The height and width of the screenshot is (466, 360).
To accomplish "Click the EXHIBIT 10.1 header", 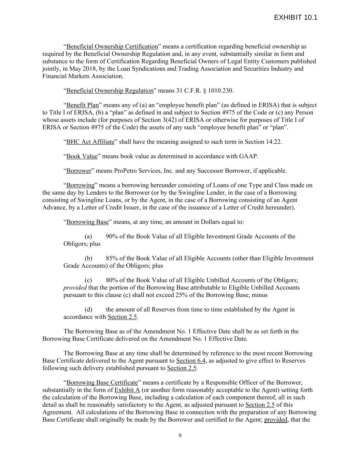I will [296, 18].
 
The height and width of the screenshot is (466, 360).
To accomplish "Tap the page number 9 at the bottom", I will [180, 435].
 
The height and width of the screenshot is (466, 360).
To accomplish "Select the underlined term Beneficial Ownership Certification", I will [112, 46].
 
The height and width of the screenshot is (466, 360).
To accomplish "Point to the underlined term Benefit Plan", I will [82, 105].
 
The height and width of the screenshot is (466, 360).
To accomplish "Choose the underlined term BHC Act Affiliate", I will [90, 142].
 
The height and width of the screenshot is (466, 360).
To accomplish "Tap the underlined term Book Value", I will [82, 156].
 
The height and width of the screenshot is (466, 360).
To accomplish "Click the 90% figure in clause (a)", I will [112, 236].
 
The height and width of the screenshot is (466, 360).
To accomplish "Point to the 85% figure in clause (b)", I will [112, 258].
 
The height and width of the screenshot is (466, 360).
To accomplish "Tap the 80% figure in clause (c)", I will [112, 280].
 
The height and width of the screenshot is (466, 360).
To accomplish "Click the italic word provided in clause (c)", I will [75, 288].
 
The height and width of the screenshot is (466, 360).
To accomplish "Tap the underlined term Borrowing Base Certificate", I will [102, 383].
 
